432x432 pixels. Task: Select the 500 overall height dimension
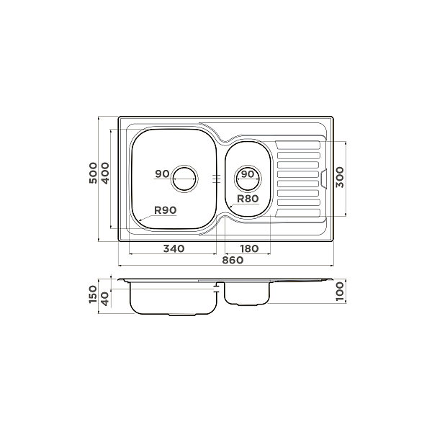pos(94,173)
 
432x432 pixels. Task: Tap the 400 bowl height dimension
pos(105,173)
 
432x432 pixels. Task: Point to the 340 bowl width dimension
pos(174,249)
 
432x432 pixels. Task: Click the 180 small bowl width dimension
pos(249,249)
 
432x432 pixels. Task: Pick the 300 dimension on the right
pos(340,177)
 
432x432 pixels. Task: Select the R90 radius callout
pos(166,210)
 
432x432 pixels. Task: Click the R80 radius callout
pos(248,199)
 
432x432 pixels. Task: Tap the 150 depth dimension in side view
pos(94,294)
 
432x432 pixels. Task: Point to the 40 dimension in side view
pos(105,300)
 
